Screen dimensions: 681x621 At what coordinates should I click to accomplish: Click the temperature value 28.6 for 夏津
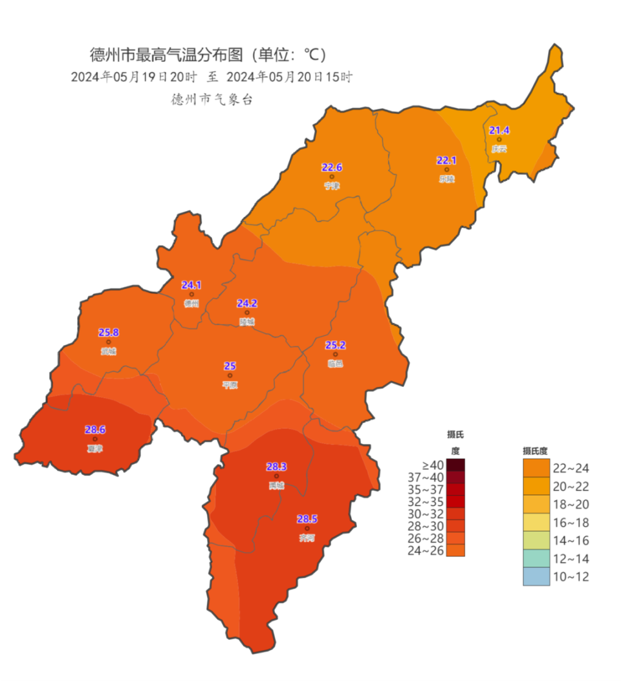(x=95, y=429)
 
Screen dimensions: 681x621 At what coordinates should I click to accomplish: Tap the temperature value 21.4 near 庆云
(x=499, y=130)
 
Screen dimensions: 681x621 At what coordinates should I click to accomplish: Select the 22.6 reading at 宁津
(x=332, y=167)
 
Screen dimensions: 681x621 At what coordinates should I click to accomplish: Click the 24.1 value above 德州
(x=191, y=284)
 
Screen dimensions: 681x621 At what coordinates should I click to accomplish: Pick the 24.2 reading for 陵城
(x=247, y=302)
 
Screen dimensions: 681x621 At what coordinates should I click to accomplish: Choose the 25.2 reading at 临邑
(x=335, y=344)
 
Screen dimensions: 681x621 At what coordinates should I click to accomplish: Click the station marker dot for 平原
(x=230, y=375)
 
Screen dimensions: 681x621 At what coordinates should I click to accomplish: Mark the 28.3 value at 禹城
(x=277, y=466)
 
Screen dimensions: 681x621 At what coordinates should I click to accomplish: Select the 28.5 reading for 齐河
(x=307, y=518)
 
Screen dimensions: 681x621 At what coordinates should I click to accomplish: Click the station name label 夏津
(x=95, y=448)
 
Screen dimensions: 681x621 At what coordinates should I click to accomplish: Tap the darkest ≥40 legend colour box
(x=455, y=465)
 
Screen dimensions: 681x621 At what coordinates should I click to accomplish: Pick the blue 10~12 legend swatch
(x=536, y=576)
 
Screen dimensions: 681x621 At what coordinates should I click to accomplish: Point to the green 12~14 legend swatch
(x=536, y=558)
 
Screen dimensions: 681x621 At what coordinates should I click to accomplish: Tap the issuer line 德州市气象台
(x=211, y=100)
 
